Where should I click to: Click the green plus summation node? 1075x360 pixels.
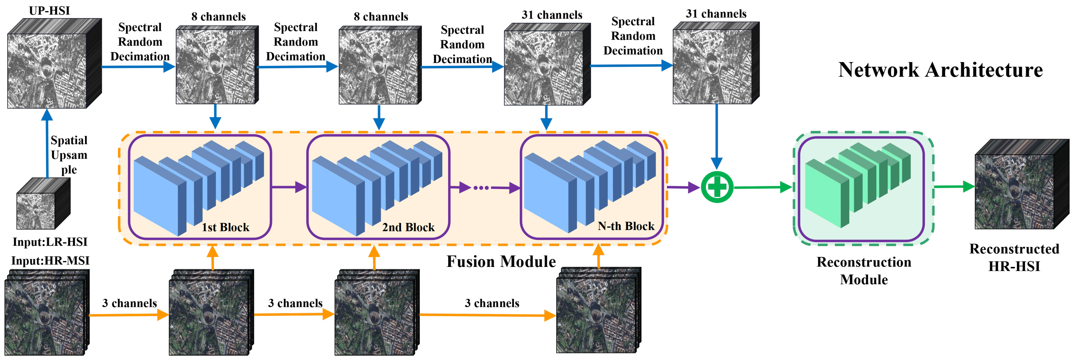pos(717,187)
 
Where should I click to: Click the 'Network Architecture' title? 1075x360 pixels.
pos(940,70)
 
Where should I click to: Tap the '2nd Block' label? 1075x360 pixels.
pos(408,227)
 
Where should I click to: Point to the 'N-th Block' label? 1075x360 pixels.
pos(626,226)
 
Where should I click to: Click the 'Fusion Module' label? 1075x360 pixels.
pos(501,262)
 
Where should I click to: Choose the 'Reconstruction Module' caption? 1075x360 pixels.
pos(863,270)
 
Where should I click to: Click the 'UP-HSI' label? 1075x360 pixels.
pos(49,11)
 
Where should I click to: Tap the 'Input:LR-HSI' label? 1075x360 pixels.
pos(50,242)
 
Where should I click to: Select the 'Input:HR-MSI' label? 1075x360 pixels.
pos(50,261)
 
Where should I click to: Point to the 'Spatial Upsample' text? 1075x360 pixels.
pos(69,155)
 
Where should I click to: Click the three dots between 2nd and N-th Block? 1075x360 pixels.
pos(481,188)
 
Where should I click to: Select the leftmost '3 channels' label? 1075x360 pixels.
pos(129,303)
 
